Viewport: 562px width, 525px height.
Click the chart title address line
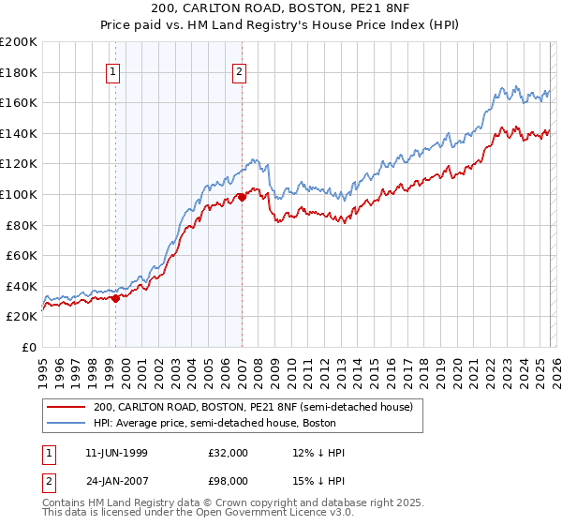(x=281, y=8)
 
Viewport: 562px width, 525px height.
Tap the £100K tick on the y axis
(x=19, y=194)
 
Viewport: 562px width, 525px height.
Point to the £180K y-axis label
(x=19, y=72)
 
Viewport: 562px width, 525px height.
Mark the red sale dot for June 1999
(x=115, y=299)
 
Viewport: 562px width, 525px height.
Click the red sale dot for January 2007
(x=242, y=197)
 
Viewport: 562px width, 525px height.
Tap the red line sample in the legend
(x=67, y=407)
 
